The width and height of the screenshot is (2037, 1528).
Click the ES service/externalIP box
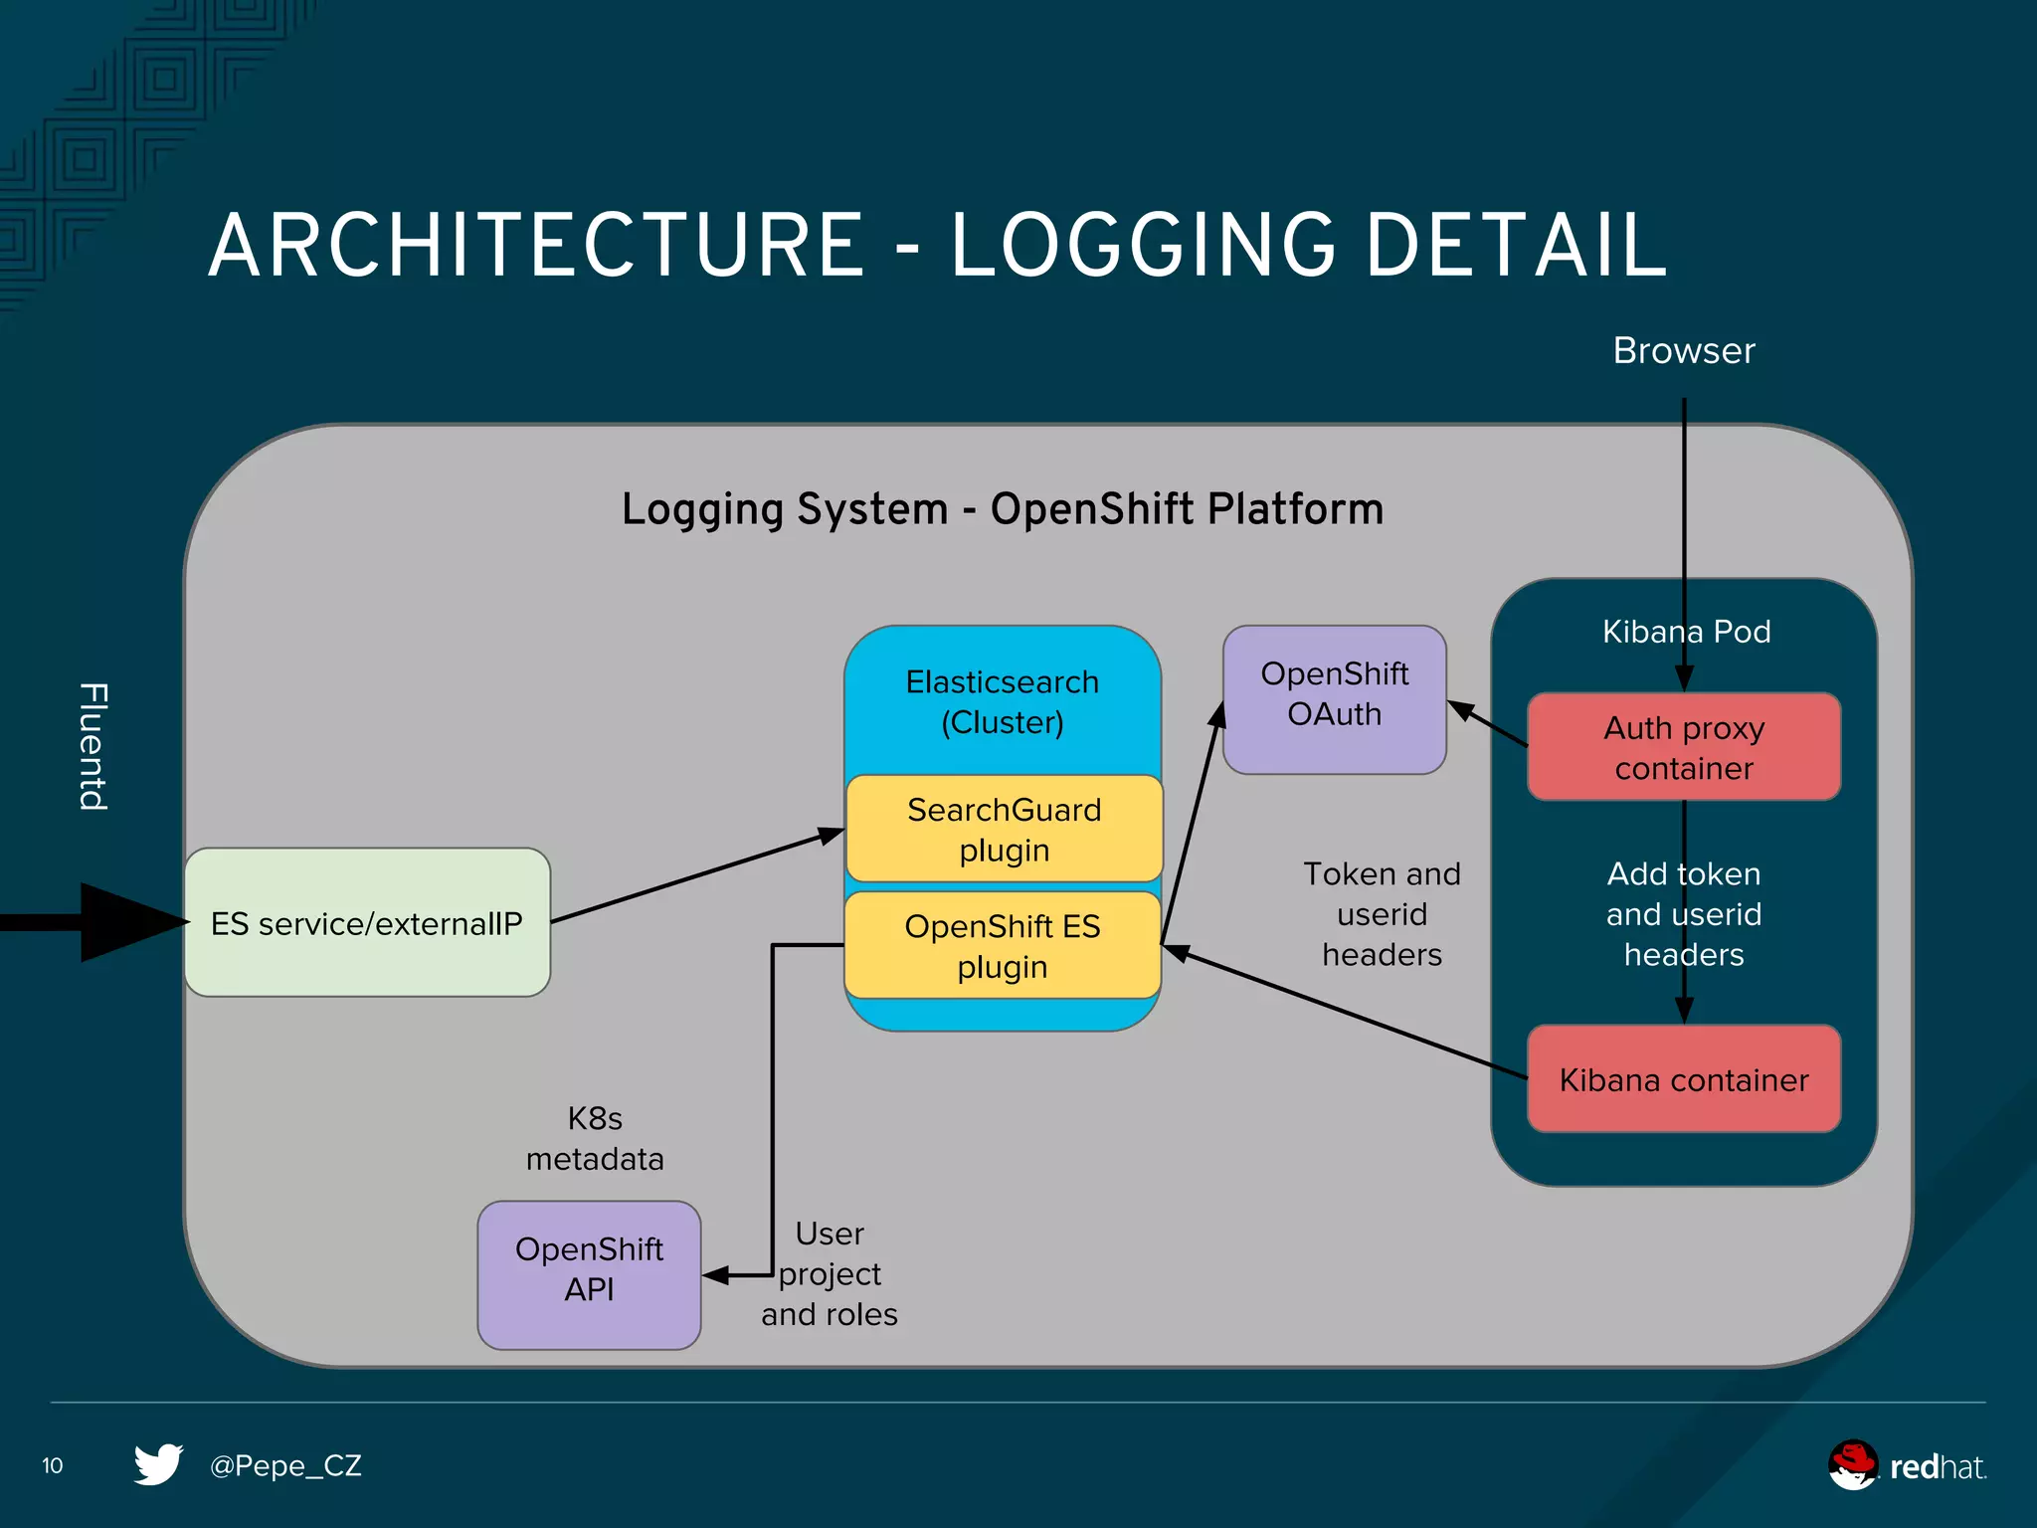coord(367,922)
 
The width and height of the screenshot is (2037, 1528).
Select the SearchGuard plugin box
coord(1004,829)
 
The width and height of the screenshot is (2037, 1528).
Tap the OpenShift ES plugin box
coord(1003,945)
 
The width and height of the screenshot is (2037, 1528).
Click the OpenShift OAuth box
coord(1334,698)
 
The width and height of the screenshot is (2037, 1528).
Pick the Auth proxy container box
coord(1683,747)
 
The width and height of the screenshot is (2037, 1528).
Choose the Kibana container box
coord(1683,1079)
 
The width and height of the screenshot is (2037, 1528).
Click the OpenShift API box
coord(589,1273)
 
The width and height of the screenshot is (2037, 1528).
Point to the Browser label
coord(1683,351)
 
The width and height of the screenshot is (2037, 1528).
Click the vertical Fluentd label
coord(93,746)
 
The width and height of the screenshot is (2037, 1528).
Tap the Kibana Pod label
coord(1686,632)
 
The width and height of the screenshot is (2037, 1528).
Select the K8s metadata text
coord(595,1138)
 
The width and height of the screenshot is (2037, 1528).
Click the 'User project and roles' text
coord(830,1273)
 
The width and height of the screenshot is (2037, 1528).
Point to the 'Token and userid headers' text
coord(1382,913)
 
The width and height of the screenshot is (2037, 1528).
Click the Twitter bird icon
coord(159,1464)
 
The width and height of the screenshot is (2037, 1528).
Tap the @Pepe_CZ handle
coord(285,1465)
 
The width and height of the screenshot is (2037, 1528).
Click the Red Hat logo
coord(1906,1465)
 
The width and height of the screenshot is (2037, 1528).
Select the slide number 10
coord(53,1465)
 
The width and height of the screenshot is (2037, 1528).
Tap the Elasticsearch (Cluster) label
coord(1003,701)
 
